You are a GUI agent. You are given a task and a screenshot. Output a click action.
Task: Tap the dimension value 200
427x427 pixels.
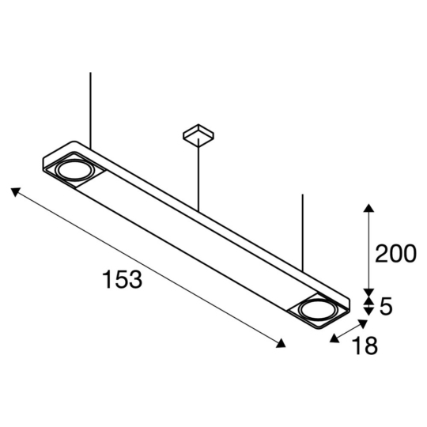coord(395,254)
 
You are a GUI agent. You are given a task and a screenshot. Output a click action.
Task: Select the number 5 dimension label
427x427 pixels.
coord(386,306)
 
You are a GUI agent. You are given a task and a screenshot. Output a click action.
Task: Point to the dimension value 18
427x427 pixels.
coord(365,346)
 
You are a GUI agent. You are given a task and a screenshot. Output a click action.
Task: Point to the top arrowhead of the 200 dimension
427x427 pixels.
coord(368,207)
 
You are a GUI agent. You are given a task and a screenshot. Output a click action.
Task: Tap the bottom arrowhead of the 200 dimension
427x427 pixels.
coord(368,290)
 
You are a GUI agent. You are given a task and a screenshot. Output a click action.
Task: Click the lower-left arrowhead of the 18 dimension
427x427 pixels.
coord(334,338)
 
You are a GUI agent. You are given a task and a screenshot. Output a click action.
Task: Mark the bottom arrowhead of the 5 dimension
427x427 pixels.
coord(368,312)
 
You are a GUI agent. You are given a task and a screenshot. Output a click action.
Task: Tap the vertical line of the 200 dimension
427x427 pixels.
coord(368,249)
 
